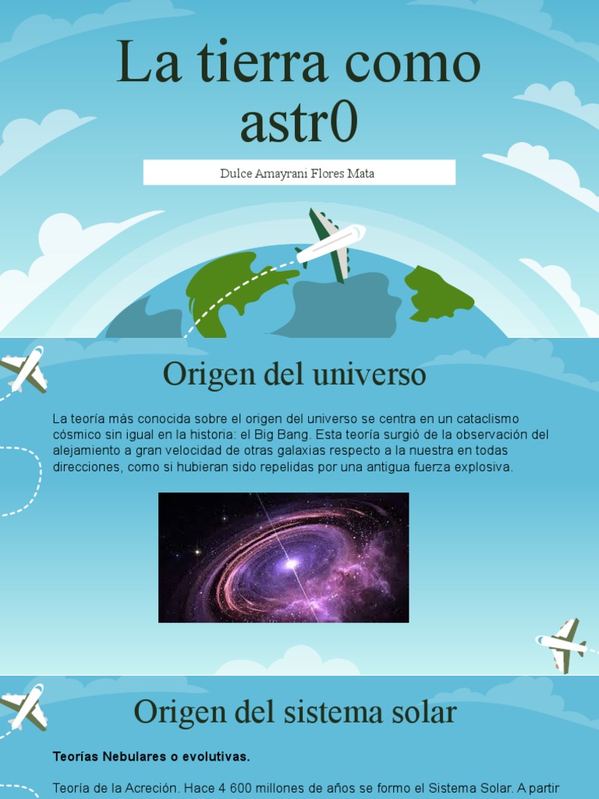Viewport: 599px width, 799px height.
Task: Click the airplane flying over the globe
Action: pos(330,244)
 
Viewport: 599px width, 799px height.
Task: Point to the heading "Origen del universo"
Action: pos(294,375)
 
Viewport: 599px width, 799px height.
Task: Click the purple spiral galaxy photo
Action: pos(283,557)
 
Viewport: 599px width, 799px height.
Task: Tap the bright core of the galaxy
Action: pos(291,562)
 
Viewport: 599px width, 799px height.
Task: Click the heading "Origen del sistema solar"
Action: pos(294,712)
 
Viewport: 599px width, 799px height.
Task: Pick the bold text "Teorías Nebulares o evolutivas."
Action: pos(151,757)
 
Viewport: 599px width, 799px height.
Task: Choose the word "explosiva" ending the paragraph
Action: pos(484,467)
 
